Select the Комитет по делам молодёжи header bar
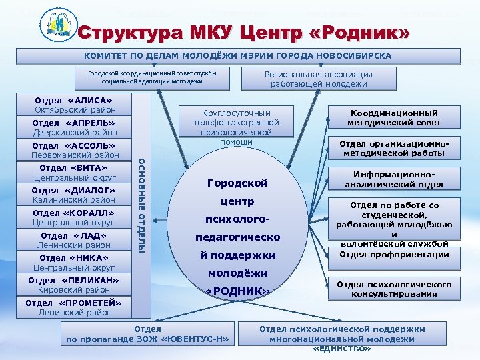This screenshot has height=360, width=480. coord(237,55)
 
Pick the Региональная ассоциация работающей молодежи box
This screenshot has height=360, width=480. coord(319,79)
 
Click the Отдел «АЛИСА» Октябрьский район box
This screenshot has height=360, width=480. coord(75,105)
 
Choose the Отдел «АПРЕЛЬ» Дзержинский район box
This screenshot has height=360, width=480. coord(75,127)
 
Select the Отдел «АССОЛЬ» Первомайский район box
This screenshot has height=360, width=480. coord(75,151)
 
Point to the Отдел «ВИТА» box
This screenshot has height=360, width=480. coord(75,173)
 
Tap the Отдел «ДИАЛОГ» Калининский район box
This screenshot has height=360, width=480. coord(75,195)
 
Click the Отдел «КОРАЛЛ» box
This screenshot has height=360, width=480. coord(75,217)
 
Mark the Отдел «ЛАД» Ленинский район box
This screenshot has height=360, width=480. coord(75,240)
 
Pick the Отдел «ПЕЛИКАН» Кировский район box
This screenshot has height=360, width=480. coord(75,285)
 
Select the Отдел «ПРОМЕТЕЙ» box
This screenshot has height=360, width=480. coord(75,307)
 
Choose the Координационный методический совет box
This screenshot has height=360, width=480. coord(394,118)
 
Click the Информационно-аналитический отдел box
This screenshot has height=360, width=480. coord(394,179)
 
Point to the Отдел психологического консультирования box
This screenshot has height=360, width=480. coord(394,289)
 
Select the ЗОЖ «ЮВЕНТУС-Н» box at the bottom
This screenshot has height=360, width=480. coord(148,334)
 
